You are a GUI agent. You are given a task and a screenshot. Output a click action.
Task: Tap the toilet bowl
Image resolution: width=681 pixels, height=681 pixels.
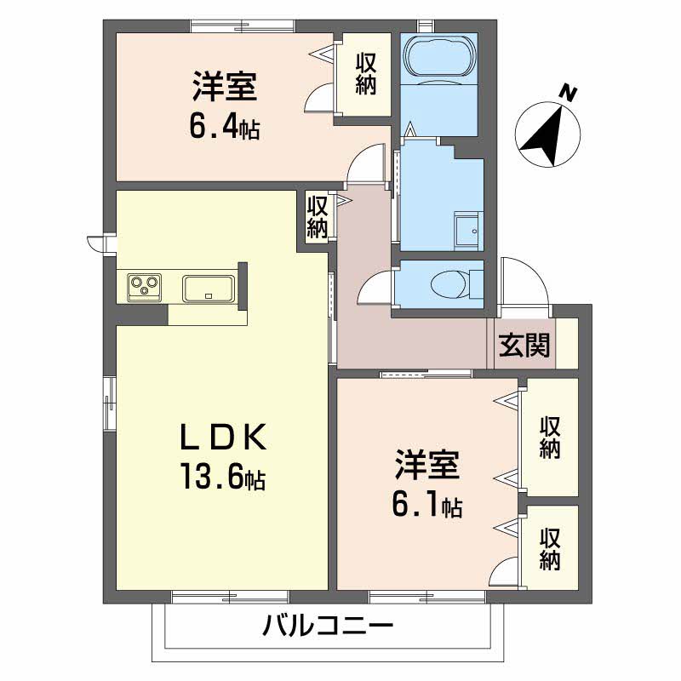(449, 284)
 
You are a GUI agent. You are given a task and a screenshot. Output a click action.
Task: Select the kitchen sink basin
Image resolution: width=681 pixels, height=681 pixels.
(209, 288)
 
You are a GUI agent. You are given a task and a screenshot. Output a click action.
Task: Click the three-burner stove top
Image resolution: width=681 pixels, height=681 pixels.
(145, 287)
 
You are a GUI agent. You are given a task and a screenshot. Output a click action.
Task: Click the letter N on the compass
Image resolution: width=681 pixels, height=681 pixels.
(567, 93)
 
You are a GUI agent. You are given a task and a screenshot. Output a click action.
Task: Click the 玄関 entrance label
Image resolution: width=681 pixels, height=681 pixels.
(524, 346)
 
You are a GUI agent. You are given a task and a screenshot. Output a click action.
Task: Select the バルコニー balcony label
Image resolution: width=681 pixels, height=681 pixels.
(329, 627)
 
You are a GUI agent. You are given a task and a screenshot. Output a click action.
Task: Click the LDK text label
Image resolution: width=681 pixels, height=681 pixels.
(224, 438)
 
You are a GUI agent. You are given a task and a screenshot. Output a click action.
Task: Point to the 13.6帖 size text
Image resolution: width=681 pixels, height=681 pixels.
(224, 477)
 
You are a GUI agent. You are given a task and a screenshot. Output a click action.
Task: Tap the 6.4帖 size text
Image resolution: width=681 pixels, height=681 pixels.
(224, 127)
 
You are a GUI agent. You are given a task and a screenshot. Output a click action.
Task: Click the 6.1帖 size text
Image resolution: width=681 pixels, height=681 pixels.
(427, 505)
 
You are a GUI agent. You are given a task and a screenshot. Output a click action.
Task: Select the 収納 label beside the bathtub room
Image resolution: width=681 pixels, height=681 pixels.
(366, 74)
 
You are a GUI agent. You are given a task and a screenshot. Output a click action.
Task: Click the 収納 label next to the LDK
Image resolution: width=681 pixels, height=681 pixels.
(317, 217)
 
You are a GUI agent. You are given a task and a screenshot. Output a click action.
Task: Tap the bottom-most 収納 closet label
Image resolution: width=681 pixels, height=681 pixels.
(550, 549)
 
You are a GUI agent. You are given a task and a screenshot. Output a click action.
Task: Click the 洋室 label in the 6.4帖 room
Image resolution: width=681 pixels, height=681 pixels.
(225, 87)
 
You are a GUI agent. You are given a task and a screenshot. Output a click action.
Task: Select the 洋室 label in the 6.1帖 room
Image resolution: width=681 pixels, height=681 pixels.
(427, 464)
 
